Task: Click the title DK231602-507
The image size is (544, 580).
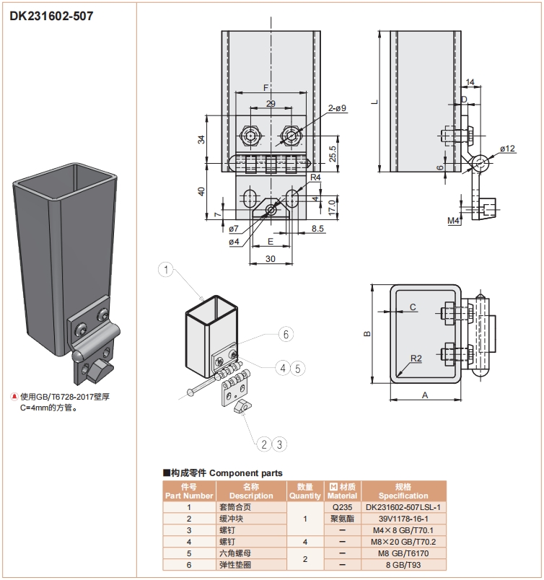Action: [x=51, y=16]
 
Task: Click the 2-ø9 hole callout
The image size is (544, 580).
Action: [x=337, y=108]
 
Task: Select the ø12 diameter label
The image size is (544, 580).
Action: [x=507, y=149]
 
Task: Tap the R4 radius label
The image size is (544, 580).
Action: [x=315, y=177]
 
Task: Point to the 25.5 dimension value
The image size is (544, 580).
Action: [x=332, y=154]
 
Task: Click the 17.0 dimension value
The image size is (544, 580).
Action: [x=332, y=206]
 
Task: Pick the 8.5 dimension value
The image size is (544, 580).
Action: [x=317, y=229]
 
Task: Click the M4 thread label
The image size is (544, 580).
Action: [x=453, y=220]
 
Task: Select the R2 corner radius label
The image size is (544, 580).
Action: [x=416, y=359]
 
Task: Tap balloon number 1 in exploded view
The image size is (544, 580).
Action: [x=167, y=271]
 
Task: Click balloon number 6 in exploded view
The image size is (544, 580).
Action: [x=286, y=334]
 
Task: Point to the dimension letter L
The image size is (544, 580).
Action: [x=374, y=102]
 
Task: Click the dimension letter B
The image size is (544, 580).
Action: [x=367, y=333]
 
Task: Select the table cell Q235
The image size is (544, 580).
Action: [x=342, y=507]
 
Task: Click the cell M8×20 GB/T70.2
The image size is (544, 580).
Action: [x=403, y=542]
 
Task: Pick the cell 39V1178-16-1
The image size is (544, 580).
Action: [x=403, y=519]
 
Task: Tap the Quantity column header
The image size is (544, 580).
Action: [x=304, y=491]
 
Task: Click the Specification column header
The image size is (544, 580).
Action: [x=403, y=491]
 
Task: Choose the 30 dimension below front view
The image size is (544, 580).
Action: [x=271, y=258]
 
